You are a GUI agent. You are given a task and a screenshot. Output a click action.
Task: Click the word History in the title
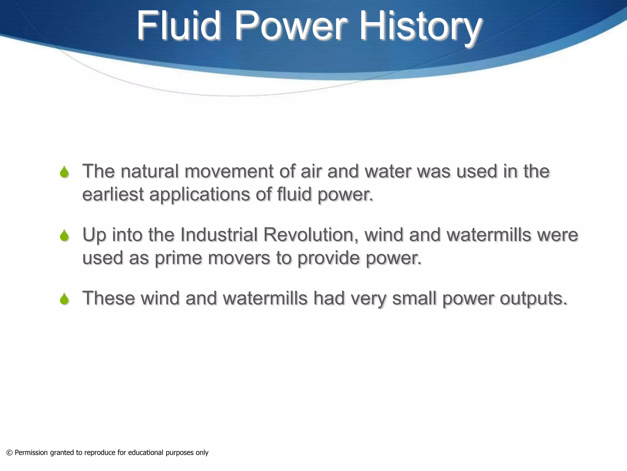[x=420, y=26]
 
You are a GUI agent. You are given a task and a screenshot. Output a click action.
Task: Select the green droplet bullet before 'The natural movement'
[x=64, y=172]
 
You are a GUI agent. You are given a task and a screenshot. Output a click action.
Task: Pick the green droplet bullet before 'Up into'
[x=64, y=235]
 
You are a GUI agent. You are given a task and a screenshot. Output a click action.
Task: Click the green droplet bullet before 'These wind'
[x=64, y=299]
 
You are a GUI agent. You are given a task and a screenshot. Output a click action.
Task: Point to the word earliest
[x=113, y=194]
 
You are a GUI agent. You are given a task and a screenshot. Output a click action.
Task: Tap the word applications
[x=199, y=195]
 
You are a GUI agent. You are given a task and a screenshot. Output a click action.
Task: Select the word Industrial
[x=219, y=235]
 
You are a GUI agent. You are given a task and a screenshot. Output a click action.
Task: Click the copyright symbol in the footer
[x=9, y=453]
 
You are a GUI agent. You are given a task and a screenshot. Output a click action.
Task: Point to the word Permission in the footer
[x=31, y=453]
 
